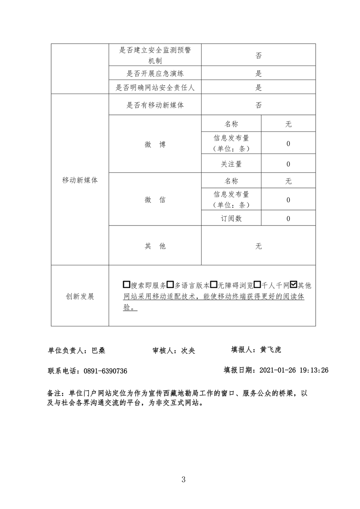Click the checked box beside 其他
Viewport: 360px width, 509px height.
pos(293,285)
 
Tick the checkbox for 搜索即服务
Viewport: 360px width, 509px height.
pos(127,285)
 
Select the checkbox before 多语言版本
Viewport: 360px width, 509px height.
pos(171,285)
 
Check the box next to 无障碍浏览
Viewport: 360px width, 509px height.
pos(214,285)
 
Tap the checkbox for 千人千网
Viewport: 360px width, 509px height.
pos(257,285)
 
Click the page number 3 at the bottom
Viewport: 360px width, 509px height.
pos(183,479)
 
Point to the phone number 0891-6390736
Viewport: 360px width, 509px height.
pos(106,371)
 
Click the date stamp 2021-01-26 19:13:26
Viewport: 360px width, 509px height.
pos(294,370)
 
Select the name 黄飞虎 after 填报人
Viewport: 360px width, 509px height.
pos(271,350)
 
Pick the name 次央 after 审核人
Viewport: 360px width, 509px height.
pos(188,351)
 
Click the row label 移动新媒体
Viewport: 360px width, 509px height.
pos(80,180)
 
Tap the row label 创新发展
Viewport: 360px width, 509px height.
pos(80,296)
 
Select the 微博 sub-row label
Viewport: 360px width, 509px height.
pos(155,144)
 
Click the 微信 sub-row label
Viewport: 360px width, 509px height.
pos(155,200)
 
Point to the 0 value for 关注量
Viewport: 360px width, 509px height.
pos(288,164)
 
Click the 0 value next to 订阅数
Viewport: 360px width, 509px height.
pos(288,218)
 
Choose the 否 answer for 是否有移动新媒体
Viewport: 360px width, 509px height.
pos(258,105)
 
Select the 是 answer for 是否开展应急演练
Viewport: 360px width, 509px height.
pos(258,74)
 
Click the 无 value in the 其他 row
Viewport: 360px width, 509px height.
pos(258,246)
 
